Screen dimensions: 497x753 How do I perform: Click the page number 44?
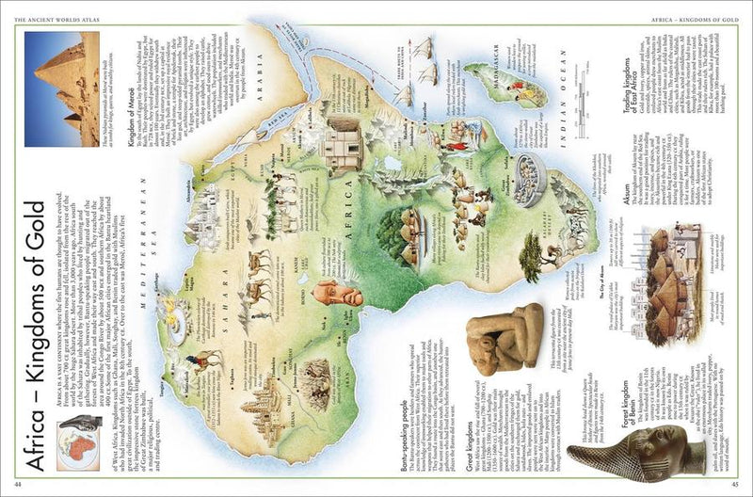[x=19, y=485]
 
